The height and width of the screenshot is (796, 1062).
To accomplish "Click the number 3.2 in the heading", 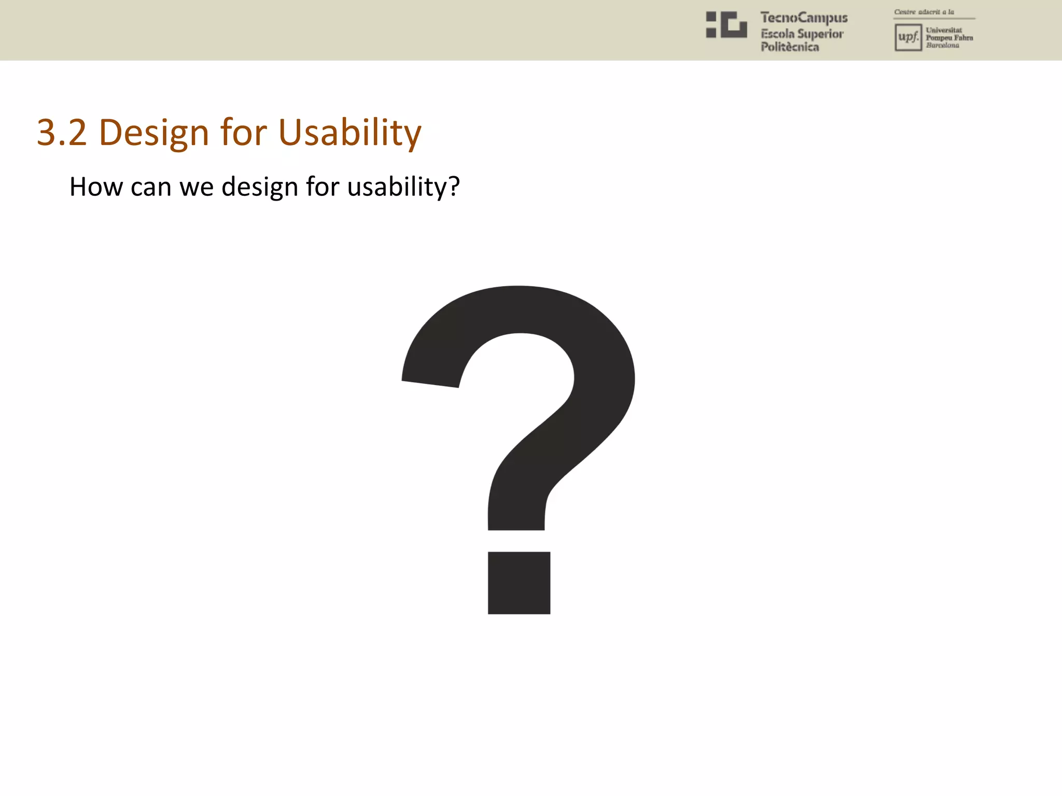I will pos(62,133).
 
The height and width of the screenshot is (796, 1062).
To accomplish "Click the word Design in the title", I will pos(154,134).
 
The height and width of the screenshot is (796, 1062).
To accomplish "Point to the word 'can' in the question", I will pos(150,188).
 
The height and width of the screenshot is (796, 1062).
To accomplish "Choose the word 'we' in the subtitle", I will pos(196,188).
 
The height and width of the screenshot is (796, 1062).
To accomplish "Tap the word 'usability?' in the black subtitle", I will pos(403,188).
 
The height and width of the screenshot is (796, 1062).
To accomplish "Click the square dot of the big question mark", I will pos(519,582).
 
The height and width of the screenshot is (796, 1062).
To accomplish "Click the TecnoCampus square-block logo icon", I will pos(726,25).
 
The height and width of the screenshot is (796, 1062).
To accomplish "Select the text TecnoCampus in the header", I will pos(804,18).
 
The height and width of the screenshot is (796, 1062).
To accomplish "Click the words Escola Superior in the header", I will pos(802,34).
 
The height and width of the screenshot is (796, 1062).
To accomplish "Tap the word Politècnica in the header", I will pos(789,47).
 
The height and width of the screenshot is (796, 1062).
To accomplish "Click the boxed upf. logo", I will pos(908,37).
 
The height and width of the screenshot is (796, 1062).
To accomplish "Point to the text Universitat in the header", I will pos(944,30).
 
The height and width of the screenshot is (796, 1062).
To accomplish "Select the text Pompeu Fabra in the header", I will pos(949,38).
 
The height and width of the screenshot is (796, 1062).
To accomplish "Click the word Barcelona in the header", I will pos(942,46).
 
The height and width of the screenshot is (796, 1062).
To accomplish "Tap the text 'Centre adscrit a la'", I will pos(924,12).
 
